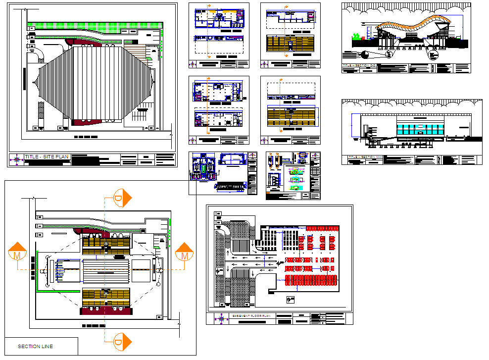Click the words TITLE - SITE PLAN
tap(47, 157)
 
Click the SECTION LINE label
tap(35, 346)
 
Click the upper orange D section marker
tap(121, 198)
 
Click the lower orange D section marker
tap(121, 341)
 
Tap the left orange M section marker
tap(18, 254)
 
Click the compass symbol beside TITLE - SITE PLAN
tap(17, 159)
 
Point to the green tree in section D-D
tap(355, 36)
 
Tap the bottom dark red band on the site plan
tap(97, 122)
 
